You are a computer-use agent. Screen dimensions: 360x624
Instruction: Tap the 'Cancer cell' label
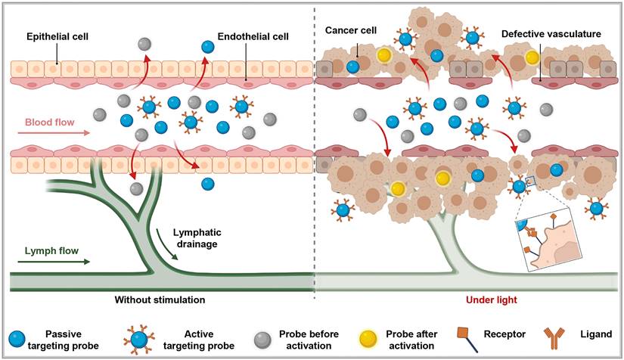(352, 31)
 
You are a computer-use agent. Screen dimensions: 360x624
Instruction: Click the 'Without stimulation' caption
(160, 299)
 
